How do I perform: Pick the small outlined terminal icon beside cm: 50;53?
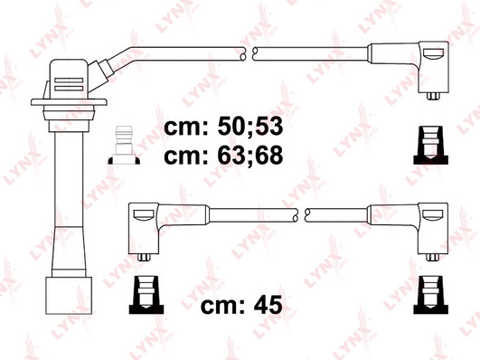click(124, 147)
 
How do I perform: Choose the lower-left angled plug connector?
click(144, 226)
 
